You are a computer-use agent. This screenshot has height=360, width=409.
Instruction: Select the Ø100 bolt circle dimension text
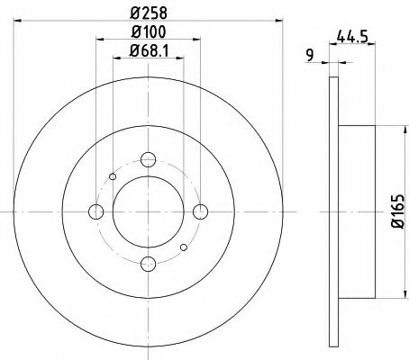coord(148,32)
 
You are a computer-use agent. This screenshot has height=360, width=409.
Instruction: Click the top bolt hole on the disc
coord(148,161)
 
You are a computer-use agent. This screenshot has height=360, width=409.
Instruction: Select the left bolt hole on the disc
coord(96,212)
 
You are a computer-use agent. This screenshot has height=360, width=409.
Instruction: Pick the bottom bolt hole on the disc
coord(148,264)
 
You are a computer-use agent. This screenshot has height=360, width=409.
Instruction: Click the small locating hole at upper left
coord(112,176)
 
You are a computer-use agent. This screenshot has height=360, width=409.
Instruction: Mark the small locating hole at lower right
coord(184,248)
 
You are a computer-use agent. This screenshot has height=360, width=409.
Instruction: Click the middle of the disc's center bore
coord(148,212)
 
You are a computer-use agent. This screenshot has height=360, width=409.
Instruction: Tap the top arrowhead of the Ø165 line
coord(388,130)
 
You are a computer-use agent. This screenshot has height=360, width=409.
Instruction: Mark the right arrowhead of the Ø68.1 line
coord(180,59)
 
